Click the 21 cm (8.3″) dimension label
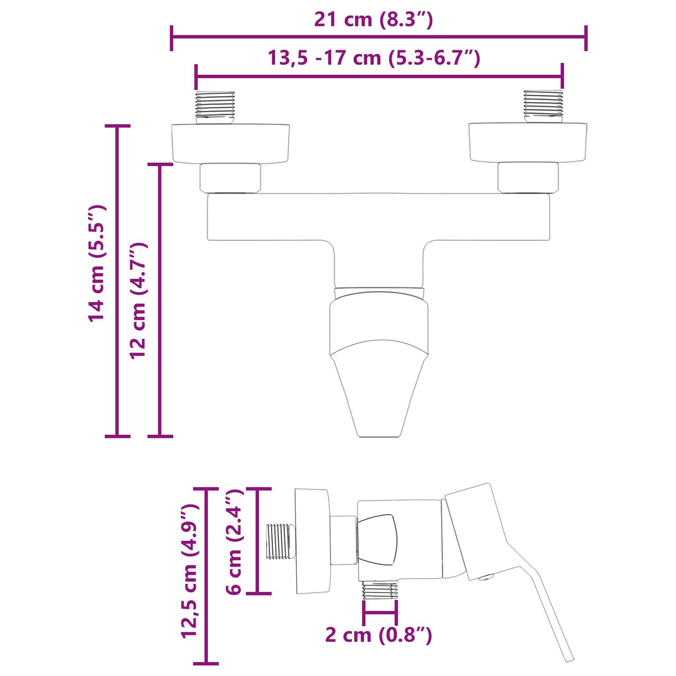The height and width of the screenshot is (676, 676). click(x=373, y=20)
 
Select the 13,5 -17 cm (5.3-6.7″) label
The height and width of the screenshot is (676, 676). click(x=373, y=58)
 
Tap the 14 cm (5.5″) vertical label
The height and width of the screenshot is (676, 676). click(x=97, y=264)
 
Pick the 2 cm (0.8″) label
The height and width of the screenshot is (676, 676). click(x=379, y=635)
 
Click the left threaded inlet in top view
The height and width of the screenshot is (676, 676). click(x=215, y=107)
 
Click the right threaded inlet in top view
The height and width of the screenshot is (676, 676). click(x=543, y=106)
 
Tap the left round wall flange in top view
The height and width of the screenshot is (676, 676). click(x=231, y=143)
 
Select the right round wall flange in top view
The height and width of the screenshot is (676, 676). click(x=528, y=143)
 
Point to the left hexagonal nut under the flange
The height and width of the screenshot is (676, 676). click(x=230, y=177)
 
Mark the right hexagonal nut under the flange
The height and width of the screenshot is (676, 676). click(x=528, y=177)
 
